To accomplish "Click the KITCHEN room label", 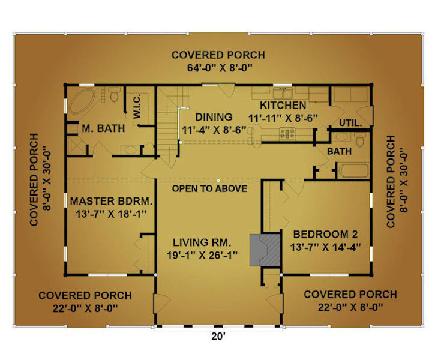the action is point(283,106).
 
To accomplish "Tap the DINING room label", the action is point(214,117).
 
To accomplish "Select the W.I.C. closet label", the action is point(137,106).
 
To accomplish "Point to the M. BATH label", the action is point(103,128).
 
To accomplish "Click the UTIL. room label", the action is point(350,122).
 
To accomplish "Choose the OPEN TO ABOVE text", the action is point(209,188).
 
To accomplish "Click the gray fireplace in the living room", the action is point(265,250).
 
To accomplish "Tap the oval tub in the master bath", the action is point(82,101).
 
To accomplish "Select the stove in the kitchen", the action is point(287,133).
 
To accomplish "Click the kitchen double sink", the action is point(283,93).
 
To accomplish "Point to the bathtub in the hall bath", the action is point(353,170).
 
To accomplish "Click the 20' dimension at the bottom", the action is point(218,337).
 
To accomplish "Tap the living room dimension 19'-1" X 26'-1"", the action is point(202,255).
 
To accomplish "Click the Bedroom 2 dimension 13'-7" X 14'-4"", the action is point(325,247).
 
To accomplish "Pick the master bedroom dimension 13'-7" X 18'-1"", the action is point(111,214).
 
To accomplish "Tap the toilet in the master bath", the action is point(114,94).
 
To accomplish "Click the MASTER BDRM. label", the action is point(111,201).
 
